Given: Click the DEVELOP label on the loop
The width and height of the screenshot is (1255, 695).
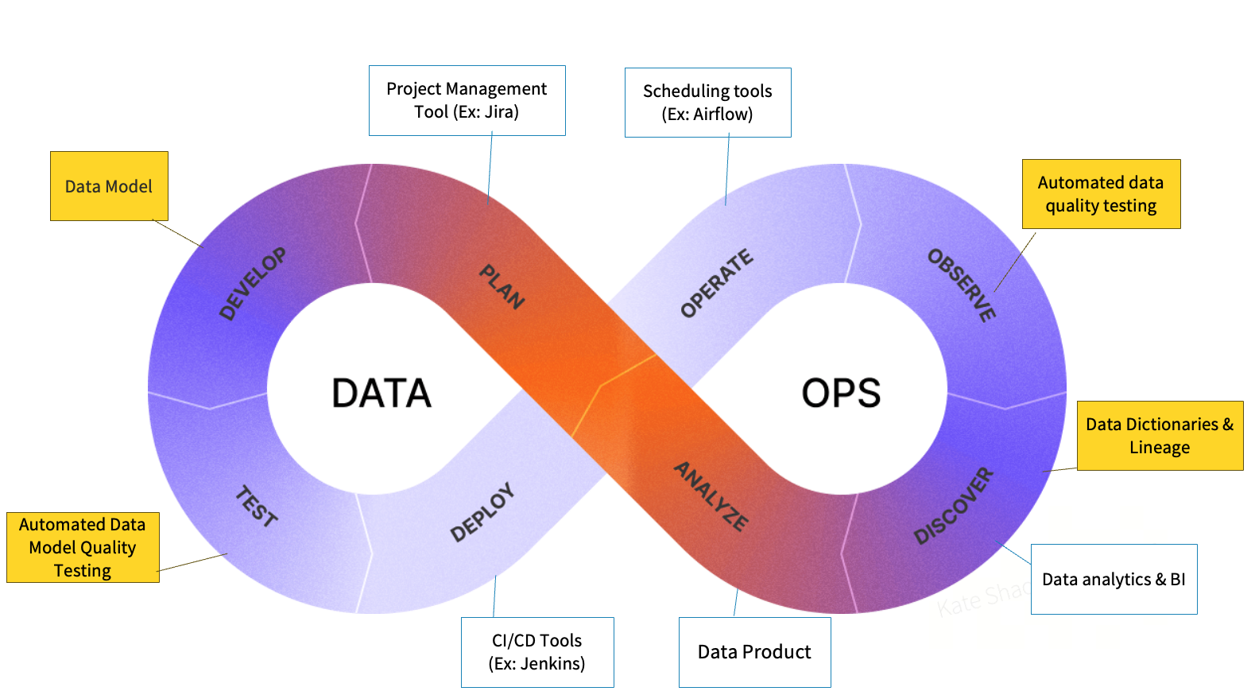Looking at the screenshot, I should (253, 284).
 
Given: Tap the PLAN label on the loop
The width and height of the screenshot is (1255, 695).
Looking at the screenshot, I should (502, 286).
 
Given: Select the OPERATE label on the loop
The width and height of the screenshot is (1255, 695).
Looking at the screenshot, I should (716, 283).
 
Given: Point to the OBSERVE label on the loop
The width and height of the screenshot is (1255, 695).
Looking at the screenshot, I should (962, 285).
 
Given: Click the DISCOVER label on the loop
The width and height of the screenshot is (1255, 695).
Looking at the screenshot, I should (953, 506).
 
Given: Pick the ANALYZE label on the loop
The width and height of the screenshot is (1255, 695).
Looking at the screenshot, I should (711, 496).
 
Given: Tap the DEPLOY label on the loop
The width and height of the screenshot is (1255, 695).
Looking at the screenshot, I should (482, 512).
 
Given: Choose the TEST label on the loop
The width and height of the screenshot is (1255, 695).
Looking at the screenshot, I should (256, 506).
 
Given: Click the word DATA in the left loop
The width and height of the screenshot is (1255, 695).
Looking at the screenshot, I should (382, 394).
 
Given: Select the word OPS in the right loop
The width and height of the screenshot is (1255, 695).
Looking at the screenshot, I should (841, 394).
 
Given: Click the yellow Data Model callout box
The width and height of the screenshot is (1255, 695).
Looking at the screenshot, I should (109, 186).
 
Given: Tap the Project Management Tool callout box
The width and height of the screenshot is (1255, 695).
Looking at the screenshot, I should (467, 100).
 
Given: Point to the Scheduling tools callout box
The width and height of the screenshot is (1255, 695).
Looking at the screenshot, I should (707, 103).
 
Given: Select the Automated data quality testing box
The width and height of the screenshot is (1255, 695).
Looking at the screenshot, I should (1101, 194).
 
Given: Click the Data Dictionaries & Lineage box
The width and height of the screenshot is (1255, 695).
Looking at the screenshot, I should (1160, 436).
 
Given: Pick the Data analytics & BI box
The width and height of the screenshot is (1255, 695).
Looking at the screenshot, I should (1114, 579).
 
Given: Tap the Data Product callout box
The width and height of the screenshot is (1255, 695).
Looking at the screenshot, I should (754, 652).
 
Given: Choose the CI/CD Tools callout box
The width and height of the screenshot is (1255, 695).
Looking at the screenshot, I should (537, 652).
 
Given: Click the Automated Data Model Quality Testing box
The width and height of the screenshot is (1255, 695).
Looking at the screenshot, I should (83, 547).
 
